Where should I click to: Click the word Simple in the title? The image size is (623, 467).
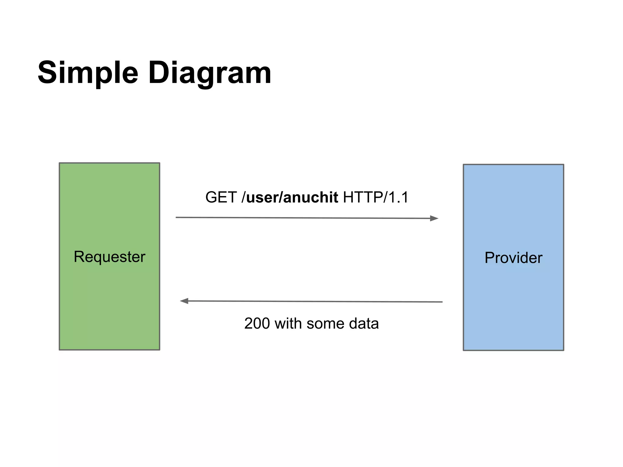[x=88, y=73]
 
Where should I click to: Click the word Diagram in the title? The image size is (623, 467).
[x=210, y=73]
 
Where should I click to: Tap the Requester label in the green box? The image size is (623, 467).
[x=110, y=257]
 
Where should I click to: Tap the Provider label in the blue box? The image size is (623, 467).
[x=513, y=258]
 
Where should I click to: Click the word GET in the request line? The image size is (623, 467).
[x=221, y=197]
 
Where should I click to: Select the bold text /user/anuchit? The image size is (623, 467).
[x=290, y=197]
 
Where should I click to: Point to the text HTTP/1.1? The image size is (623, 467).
[x=376, y=197]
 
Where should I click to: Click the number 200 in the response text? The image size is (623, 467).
[x=257, y=323]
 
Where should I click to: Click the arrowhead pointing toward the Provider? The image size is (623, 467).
[x=434, y=218]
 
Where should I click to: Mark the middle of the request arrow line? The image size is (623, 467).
[x=307, y=218]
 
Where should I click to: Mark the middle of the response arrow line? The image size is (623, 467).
[x=311, y=301]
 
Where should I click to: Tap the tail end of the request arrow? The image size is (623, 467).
[x=176, y=217]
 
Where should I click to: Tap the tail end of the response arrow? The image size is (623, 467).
[x=442, y=302]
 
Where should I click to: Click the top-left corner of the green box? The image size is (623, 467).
[x=60, y=163]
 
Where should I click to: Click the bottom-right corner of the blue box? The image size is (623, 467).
[x=563, y=350]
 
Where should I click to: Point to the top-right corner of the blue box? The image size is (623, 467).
[x=563, y=165]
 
